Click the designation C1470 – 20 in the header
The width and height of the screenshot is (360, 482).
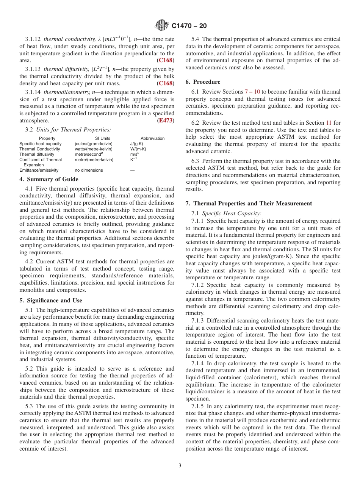pyautogui.click(x=189, y=26)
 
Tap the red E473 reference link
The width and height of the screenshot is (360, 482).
pyautogui.click(x=166, y=121)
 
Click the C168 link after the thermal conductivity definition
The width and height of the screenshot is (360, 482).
pyautogui.click(x=166, y=60)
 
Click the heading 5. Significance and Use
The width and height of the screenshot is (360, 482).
pyautogui.click(x=51, y=300)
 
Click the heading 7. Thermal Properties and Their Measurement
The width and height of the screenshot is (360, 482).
pyautogui.click(x=249, y=203)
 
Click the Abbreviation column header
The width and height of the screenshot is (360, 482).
pyautogui.click(x=152, y=138)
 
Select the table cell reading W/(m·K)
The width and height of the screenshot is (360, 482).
pyautogui.click(x=138, y=149)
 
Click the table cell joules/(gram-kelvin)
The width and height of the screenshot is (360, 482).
pyautogui.click(x=94, y=144)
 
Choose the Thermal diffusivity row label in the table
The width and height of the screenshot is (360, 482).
pyautogui.click(x=37, y=154)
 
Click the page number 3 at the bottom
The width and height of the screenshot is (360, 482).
pyautogui.click(x=180, y=466)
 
